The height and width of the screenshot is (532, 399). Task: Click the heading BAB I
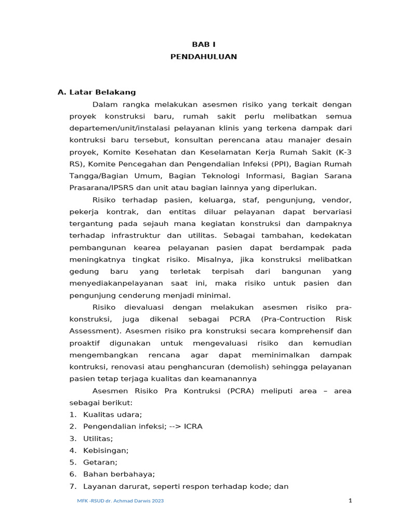pyautogui.click(x=203, y=45)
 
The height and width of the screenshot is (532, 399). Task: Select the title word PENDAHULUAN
pyautogui.click(x=203, y=57)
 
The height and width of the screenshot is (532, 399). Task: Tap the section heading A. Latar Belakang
pyautogui.click(x=97, y=92)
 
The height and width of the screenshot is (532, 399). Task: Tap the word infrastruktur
pyautogui.click(x=134, y=235)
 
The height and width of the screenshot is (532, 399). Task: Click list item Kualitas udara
pyautogui.click(x=112, y=415)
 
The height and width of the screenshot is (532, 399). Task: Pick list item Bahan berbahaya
pyautogui.click(x=119, y=474)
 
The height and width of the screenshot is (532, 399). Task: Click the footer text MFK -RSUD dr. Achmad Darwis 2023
pyautogui.click(x=121, y=501)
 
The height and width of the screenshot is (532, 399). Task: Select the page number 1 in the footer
pyautogui.click(x=351, y=501)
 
